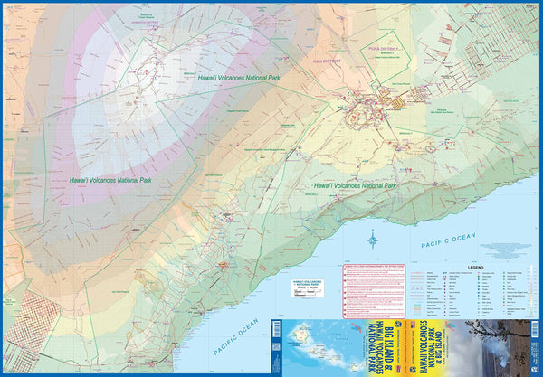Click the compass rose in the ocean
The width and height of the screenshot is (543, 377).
(374, 240)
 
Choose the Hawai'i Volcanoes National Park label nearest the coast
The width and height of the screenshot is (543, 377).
(354, 184)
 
